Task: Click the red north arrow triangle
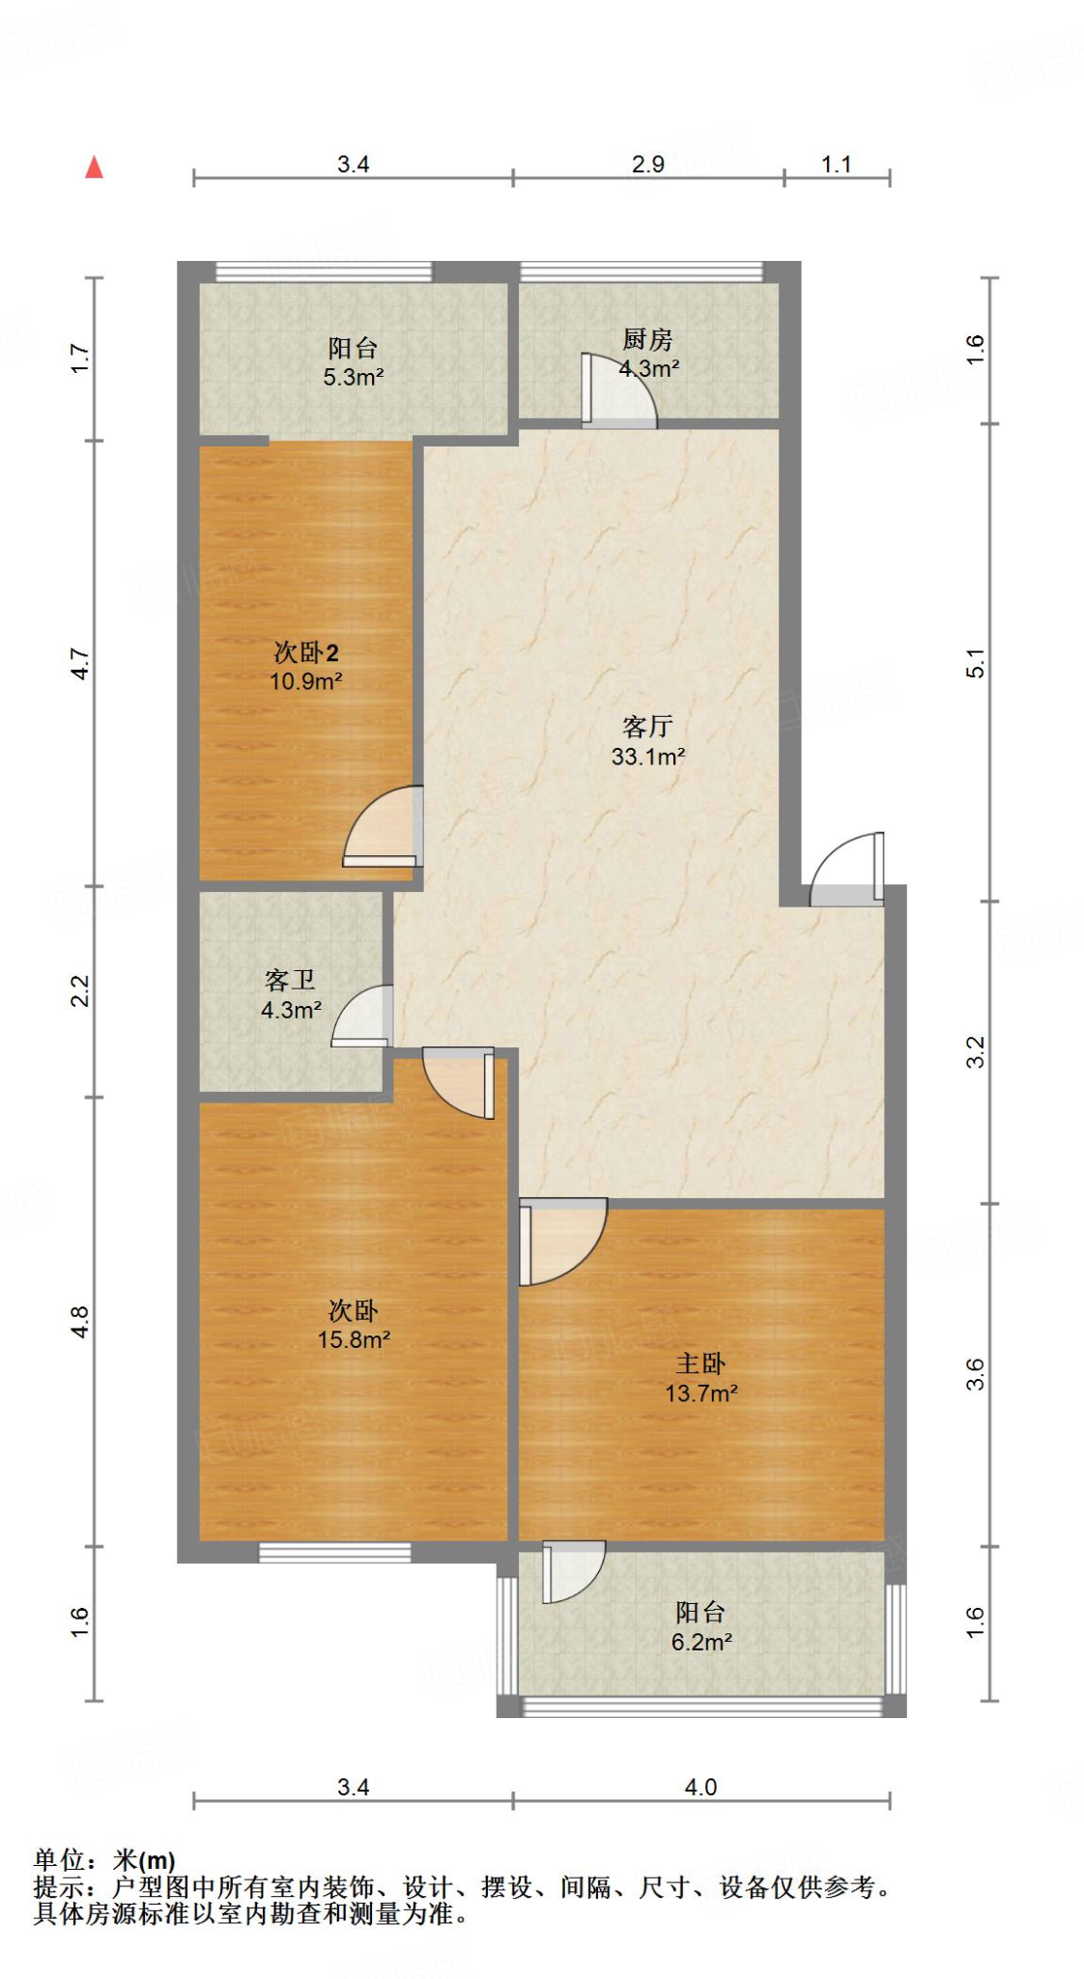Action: pyautogui.click(x=94, y=167)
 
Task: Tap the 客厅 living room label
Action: pyautogui.click(x=646, y=726)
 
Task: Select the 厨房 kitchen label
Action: pyautogui.click(x=646, y=339)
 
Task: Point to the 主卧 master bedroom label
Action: pyautogui.click(x=699, y=1363)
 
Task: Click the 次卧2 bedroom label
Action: pyautogui.click(x=305, y=652)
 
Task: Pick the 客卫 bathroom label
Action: pyautogui.click(x=290, y=981)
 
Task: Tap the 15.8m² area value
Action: pyautogui.click(x=354, y=1339)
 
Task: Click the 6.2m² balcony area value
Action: pyautogui.click(x=701, y=1642)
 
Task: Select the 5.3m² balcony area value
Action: pyautogui.click(x=353, y=377)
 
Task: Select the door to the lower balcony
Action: pyautogui.click(x=572, y=1570)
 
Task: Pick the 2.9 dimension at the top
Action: pyautogui.click(x=647, y=164)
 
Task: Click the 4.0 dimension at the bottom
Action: pyautogui.click(x=700, y=1787)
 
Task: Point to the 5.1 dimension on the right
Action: pyautogui.click(x=976, y=663)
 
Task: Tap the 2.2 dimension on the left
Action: pyautogui.click(x=80, y=991)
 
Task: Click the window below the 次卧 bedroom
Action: pyautogui.click(x=334, y=1552)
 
